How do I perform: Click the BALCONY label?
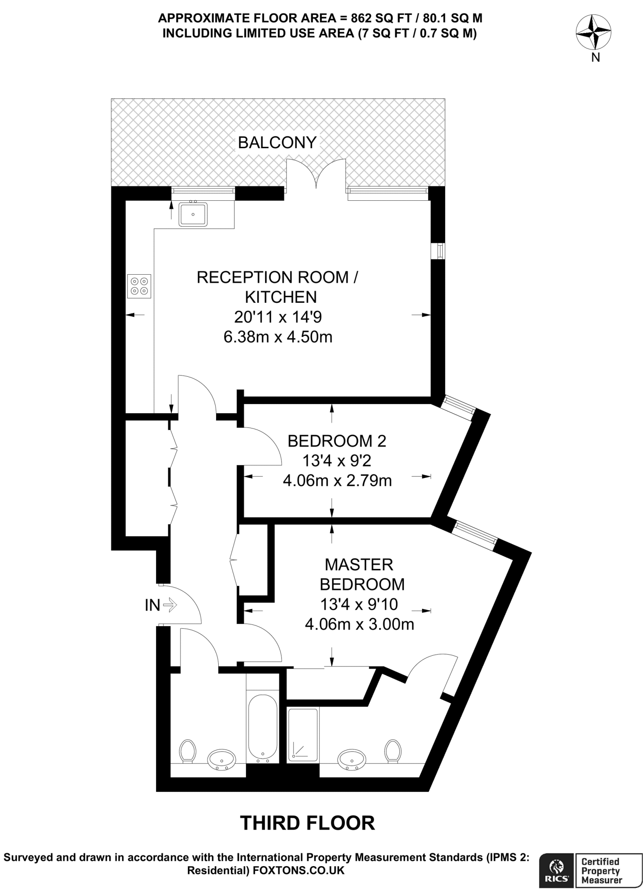tap(277, 143)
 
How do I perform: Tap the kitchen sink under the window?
tap(193, 214)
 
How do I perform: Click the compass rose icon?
tap(593, 32)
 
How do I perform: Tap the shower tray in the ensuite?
tap(303, 734)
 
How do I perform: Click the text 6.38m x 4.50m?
tap(278, 337)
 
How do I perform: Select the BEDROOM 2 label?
tap(337, 441)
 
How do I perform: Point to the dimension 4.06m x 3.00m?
tap(359, 624)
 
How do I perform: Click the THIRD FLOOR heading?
tap(307, 823)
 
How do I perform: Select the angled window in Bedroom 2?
tap(457, 407)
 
